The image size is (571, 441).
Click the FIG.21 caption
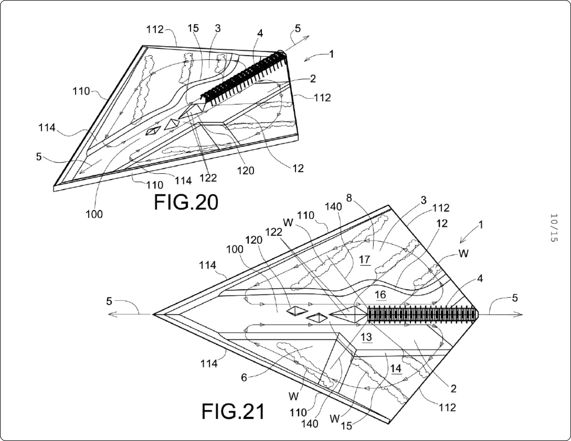point(233,412)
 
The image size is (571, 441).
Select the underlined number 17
point(365,260)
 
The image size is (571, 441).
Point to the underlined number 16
point(380,295)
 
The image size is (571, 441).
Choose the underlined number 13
point(366,337)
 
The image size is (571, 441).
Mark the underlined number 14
point(396,369)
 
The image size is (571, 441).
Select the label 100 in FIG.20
point(94,214)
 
